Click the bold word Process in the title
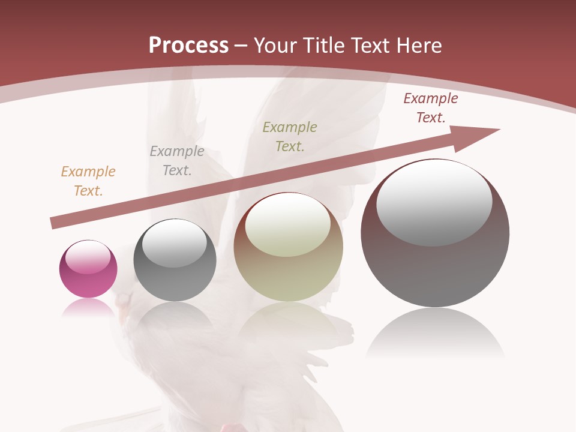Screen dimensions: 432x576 coord(188,46)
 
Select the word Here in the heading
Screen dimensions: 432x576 coord(419,46)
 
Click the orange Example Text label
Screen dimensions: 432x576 coord(88,181)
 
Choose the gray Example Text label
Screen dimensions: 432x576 coord(177,161)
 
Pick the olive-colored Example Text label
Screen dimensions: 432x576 coord(290,137)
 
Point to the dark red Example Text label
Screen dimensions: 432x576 coord(431,108)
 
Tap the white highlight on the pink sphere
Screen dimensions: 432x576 coord(88,257)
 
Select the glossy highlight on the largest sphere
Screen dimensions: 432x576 coord(434,203)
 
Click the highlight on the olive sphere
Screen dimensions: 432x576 coord(288,224)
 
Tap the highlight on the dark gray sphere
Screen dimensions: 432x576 coord(175,244)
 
